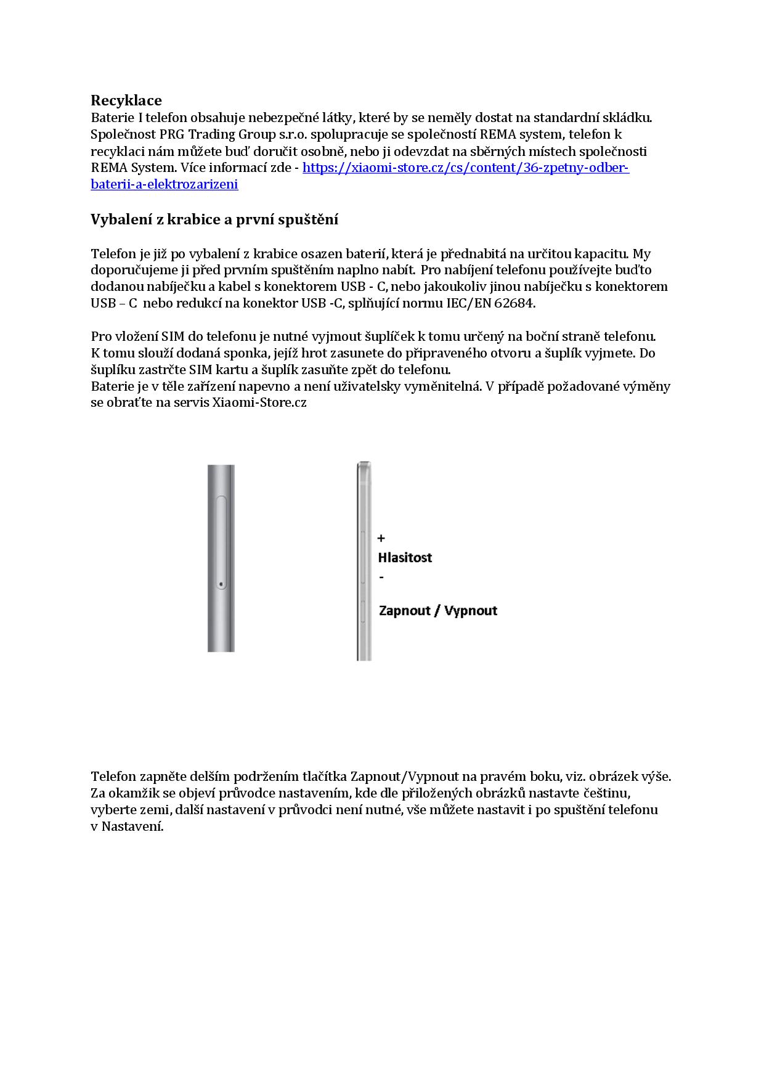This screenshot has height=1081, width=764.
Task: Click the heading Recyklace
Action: [126, 100]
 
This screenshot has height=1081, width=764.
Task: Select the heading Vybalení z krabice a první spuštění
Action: [214, 220]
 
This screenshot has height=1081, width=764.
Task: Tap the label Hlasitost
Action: [405, 558]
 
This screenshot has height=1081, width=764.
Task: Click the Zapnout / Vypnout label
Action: [438, 611]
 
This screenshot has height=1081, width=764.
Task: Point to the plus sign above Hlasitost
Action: [381, 539]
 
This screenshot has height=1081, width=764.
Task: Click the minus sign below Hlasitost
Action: [382, 577]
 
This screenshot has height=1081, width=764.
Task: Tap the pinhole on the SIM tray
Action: [221, 584]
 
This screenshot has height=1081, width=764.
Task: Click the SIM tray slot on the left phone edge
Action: [222, 542]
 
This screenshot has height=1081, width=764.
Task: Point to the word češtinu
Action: [605, 793]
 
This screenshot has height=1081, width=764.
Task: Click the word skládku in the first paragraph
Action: [628, 118]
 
